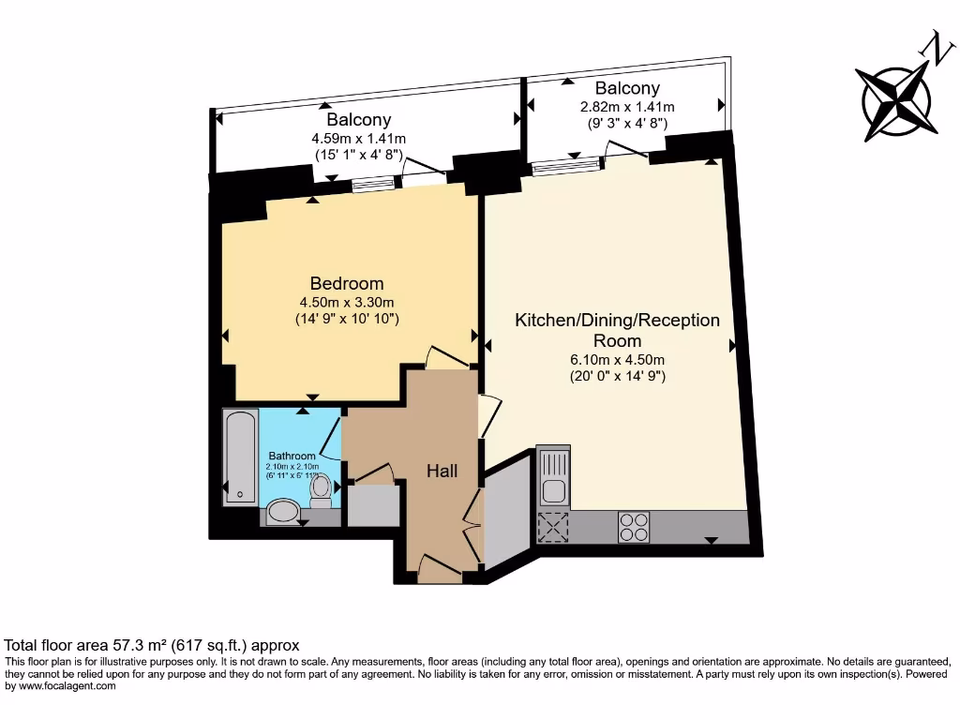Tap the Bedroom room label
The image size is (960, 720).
click(x=347, y=283)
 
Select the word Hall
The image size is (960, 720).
click(x=442, y=471)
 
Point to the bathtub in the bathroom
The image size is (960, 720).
click(x=240, y=457)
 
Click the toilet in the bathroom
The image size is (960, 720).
click(x=322, y=490)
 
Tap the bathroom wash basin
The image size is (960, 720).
click(x=282, y=511)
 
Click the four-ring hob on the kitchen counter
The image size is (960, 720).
click(x=634, y=527)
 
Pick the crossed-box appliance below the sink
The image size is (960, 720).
click(x=553, y=527)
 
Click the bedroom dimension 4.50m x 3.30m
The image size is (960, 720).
click(x=347, y=302)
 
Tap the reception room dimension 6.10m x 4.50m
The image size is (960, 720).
click(x=617, y=360)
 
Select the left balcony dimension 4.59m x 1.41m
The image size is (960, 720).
click(x=358, y=139)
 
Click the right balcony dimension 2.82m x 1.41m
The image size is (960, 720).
click(x=627, y=107)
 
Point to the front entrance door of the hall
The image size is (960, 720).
click(x=440, y=567)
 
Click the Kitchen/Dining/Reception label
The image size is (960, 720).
click(x=617, y=321)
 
